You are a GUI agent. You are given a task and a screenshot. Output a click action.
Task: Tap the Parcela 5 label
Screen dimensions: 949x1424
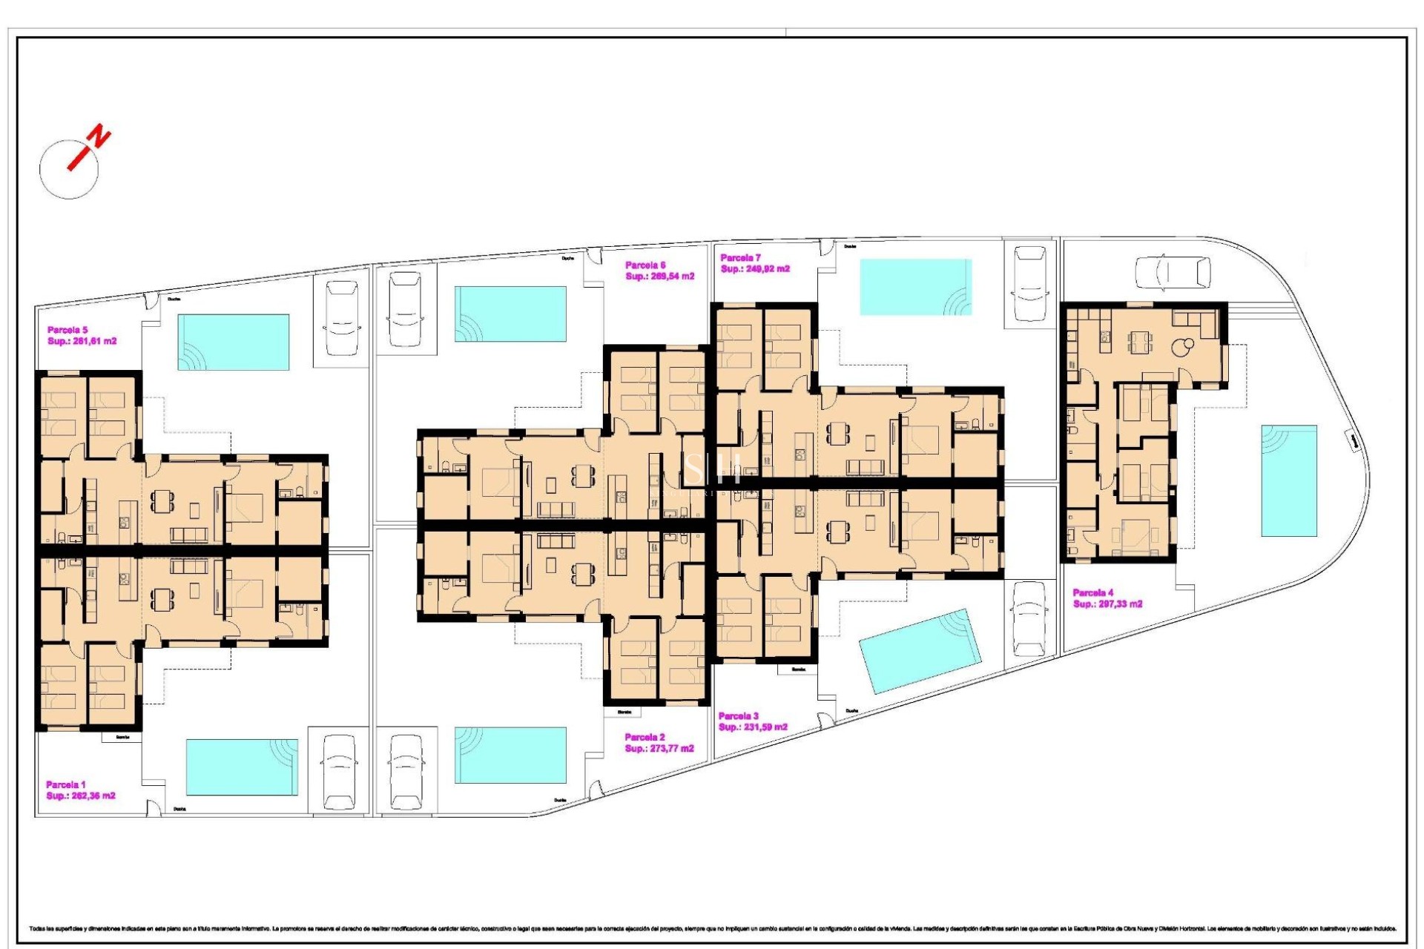[67, 331]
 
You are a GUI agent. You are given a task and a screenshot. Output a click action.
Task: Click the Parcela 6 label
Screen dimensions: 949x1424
[645, 265]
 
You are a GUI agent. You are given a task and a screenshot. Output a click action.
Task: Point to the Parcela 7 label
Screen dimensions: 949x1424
[740, 258]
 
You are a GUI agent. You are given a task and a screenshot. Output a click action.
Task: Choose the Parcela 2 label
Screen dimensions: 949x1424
[645, 738]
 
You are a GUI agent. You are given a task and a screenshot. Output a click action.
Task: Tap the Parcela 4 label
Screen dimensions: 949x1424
[1092, 593]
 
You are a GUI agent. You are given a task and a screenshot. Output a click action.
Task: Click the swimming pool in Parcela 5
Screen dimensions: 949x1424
[233, 343]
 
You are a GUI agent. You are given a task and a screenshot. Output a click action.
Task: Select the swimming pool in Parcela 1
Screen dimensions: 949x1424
[242, 767]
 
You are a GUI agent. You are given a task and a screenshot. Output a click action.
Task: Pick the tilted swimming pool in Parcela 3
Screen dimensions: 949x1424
[920, 651]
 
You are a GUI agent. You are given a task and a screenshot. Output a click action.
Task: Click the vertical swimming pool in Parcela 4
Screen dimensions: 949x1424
[1289, 480]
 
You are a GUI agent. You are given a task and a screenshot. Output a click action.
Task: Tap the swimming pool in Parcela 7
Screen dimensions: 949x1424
[915, 287]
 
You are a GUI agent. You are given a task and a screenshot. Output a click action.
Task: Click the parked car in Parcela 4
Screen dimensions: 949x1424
[1173, 272]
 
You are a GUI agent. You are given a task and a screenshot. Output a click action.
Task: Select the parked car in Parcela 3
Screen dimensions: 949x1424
[1029, 618]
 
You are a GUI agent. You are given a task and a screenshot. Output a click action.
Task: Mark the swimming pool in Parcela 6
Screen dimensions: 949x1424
[510, 314]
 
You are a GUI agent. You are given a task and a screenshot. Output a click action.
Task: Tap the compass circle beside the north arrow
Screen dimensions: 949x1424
[68, 169]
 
